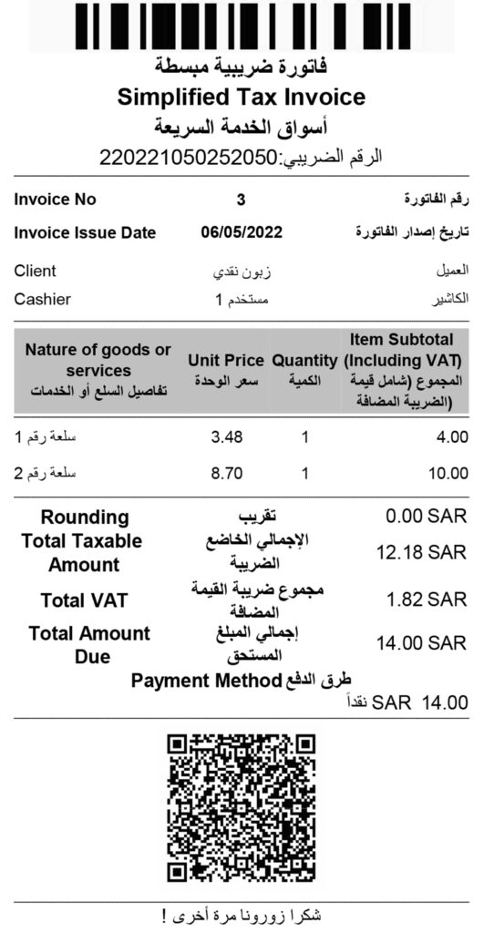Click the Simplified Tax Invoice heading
click(242, 97)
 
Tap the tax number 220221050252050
click(190, 157)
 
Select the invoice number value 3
click(241, 200)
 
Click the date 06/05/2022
click(242, 233)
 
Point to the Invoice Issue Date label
click(85, 233)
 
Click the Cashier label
click(43, 299)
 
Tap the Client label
click(36, 272)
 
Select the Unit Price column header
click(225, 361)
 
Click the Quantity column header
click(304, 361)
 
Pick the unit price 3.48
click(226, 438)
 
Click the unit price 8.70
click(226, 474)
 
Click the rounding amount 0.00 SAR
click(426, 518)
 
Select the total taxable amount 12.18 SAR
click(421, 553)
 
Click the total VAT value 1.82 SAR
click(426, 600)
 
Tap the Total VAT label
click(84, 600)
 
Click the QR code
click(242, 808)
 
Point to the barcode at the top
click(242, 26)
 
